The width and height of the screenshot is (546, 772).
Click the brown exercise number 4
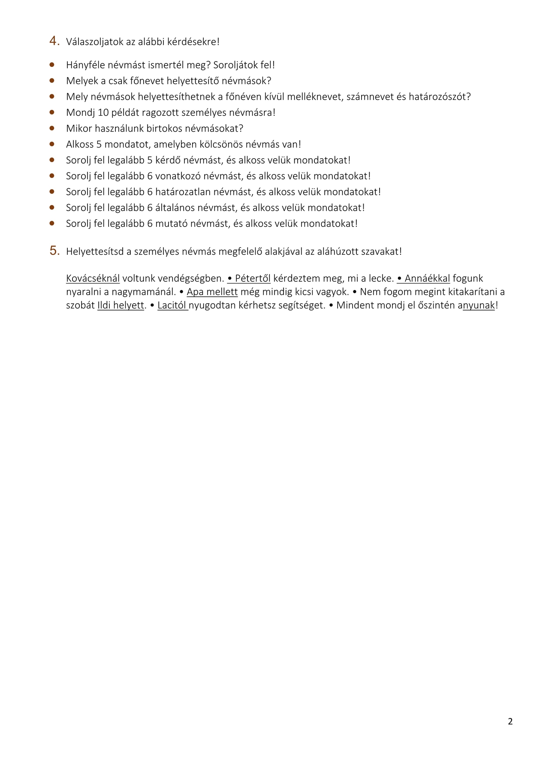coord(54,41)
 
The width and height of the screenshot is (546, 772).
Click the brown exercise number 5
coord(54,250)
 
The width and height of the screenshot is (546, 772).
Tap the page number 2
coord(510,722)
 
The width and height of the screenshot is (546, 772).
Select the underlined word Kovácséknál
coord(93,278)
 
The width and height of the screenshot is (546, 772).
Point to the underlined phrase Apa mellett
coord(212,292)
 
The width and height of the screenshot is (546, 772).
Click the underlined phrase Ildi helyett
coord(121,306)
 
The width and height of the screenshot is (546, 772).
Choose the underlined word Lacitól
coord(172,306)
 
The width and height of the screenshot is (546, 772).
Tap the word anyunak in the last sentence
coord(479,306)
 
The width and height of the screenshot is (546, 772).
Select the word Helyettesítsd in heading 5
coord(95,252)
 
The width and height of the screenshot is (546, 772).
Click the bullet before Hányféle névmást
coord(52,65)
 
